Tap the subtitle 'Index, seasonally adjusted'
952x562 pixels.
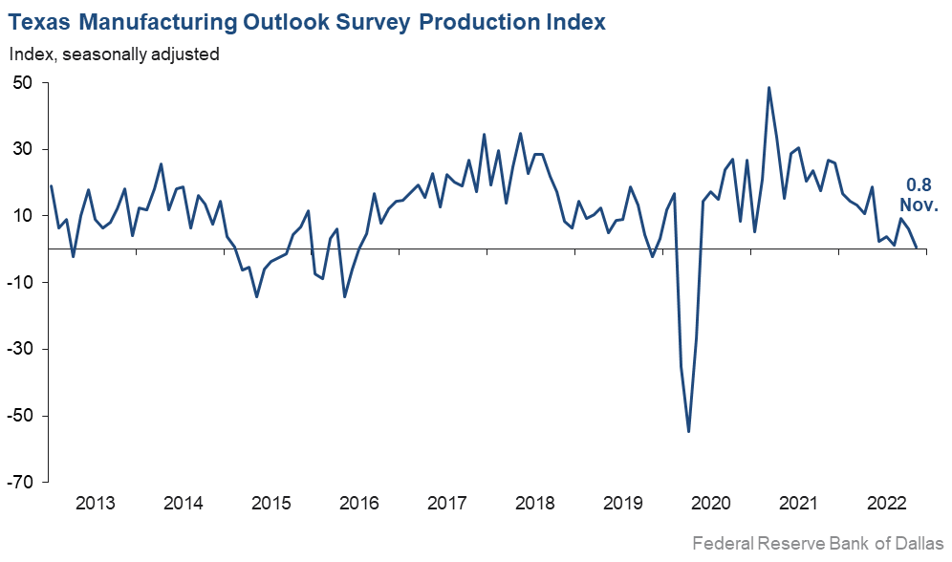[115, 54]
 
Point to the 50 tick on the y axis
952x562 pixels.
[24, 83]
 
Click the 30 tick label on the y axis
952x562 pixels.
[24, 149]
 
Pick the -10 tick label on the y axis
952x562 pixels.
[21, 283]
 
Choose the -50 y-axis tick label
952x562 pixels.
[21, 416]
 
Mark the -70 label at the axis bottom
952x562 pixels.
[21, 482]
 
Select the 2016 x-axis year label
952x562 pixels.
[359, 504]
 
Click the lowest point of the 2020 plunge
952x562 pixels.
[689, 432]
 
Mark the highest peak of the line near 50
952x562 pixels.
[769, 88]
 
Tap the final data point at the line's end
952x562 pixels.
[917, 247]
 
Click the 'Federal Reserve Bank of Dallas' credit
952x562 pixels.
[817, 544]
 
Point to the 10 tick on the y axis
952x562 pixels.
[24, 216]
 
